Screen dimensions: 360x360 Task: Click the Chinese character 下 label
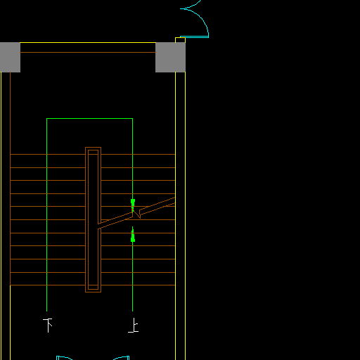tap(48, 325)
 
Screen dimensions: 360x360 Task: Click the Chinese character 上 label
tap(134, 325)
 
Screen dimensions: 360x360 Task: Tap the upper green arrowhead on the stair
tap(133, 202)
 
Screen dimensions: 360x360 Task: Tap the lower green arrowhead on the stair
tap(133, 238)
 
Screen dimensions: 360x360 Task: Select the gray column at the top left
tap(10, 57)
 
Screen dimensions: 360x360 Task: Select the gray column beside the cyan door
tap(170, 57)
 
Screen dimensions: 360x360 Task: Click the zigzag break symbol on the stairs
tap(136, 213)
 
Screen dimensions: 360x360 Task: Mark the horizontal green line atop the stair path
tap(89, 119)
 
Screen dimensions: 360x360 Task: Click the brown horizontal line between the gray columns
tap(88, 52)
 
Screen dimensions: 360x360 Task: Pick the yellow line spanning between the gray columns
tap(88, 43)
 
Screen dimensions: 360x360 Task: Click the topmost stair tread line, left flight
tap(48, 155)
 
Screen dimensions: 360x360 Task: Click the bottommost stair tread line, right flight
tap(138, 285)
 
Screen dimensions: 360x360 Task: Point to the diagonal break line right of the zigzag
tap(157, 206)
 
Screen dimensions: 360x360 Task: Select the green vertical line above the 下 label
tap(47, 215)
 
